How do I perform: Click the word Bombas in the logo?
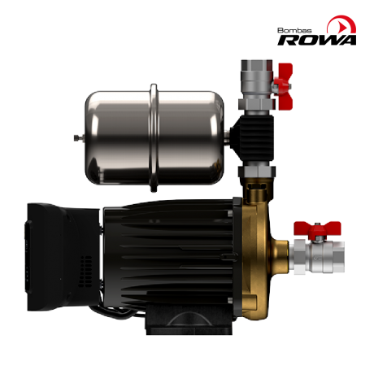(x=294, y=30)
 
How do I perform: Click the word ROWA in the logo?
(x=316, y=40)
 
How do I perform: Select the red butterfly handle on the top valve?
(x=284, y=87)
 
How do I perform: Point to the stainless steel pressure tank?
(x=154, y=137)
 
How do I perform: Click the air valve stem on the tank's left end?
(x=78, y=138)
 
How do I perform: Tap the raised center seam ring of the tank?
(x=154, y=137)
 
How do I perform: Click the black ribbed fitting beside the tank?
(x=254, y=138)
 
